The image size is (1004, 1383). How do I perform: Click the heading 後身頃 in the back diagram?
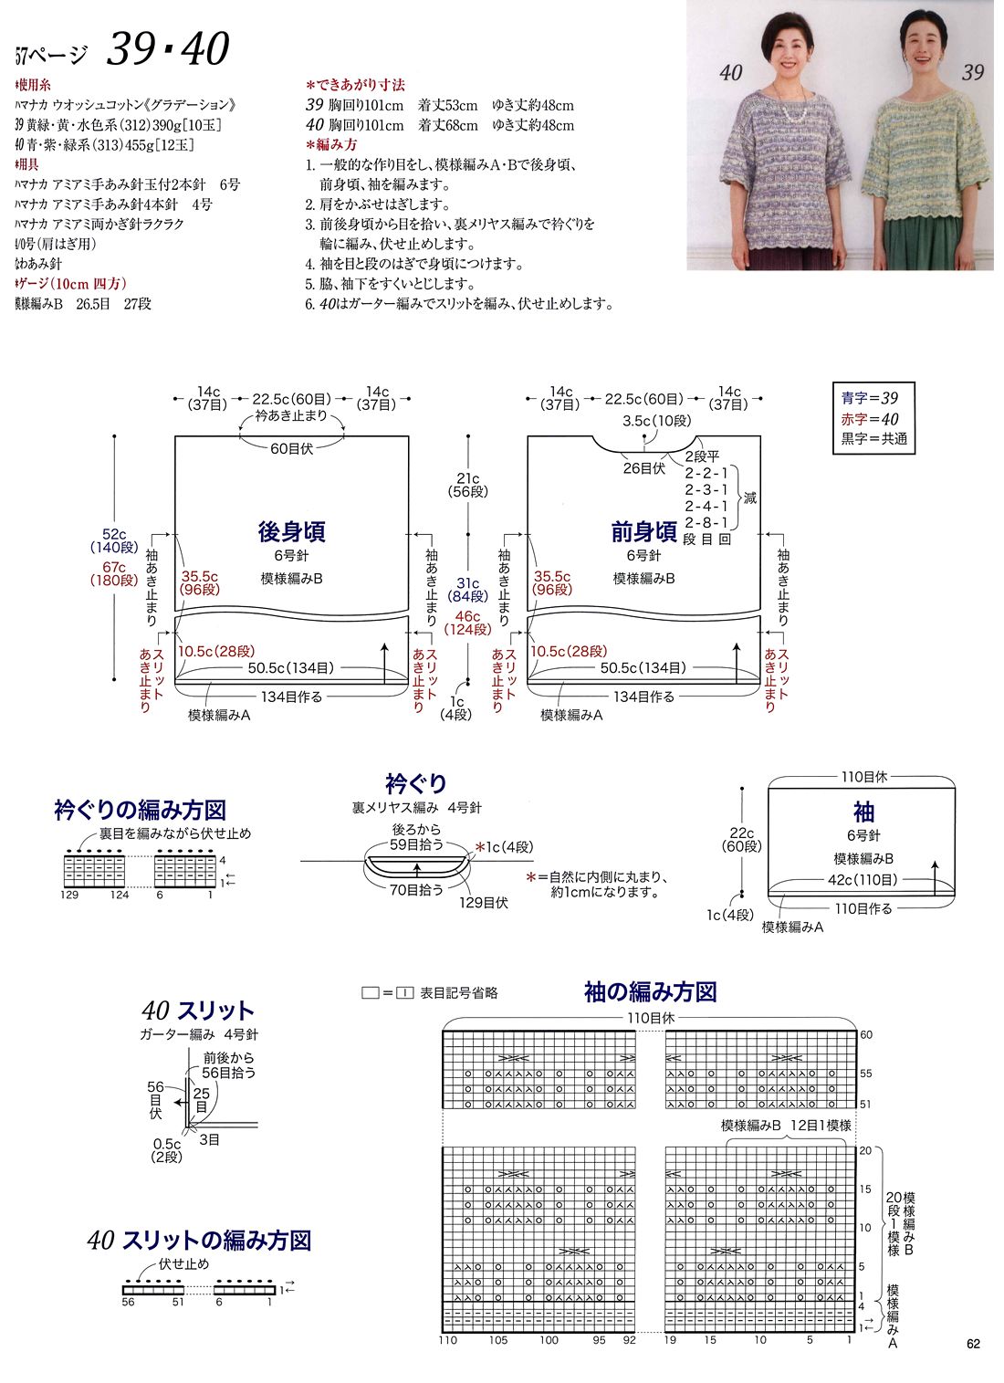[x=291, y=532]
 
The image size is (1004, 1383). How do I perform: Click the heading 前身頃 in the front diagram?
[x=643, y=532]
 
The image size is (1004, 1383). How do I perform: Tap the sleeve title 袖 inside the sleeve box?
[x=863, y=812]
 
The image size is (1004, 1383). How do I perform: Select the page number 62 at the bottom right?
[x=973, y=1344]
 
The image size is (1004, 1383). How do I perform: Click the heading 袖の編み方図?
[x=650, y=992]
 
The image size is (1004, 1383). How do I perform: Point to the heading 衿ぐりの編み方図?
[x=140, y=810]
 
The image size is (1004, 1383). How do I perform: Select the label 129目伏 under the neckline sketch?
[x=483, y=903]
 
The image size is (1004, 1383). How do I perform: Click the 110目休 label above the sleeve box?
[x=863, y=777]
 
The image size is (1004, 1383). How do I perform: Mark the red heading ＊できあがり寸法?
[x=355, y=85]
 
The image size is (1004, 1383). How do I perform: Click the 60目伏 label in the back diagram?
[x=291, y=448]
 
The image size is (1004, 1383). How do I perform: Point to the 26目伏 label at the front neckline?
[x=643, y=468]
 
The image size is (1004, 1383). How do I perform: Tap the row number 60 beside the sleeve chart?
[x=866, y=1034]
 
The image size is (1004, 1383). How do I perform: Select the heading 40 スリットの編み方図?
[x=200, y=1241]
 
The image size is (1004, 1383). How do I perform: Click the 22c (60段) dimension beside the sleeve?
[x=741, y=840]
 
